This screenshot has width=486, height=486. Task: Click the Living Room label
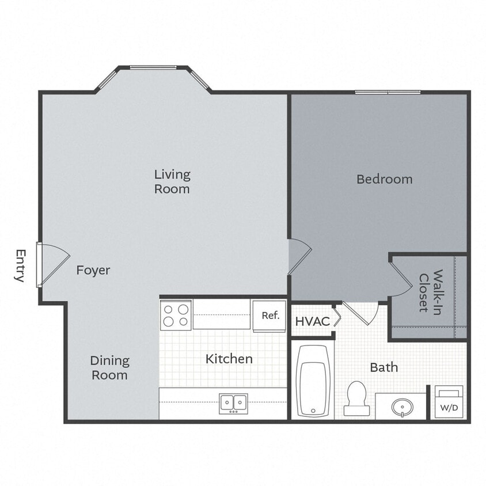[x=172, y=181]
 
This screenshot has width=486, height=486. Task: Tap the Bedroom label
[x=384, y=179]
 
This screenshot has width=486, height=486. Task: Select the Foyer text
[x=93, y=270]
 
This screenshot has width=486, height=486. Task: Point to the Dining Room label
[x=109, y=368]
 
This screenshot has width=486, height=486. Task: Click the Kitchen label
[x=229, y=359]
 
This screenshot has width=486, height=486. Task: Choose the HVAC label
[x=313, y=321]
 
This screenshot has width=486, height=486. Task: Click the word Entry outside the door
[x=20, y=265]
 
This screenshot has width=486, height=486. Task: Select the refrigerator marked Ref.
[x=269, y=316]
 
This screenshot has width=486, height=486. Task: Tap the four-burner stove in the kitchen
[x=176, y=314]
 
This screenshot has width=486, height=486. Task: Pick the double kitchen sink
[x=233, y=403]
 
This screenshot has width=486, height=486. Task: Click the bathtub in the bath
[x=314, y=381]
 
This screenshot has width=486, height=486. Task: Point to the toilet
[x=357, y=397]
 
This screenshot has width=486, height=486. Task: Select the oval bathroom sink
[x=401, y=408]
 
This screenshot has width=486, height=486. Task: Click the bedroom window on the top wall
[x=388, y=92]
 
